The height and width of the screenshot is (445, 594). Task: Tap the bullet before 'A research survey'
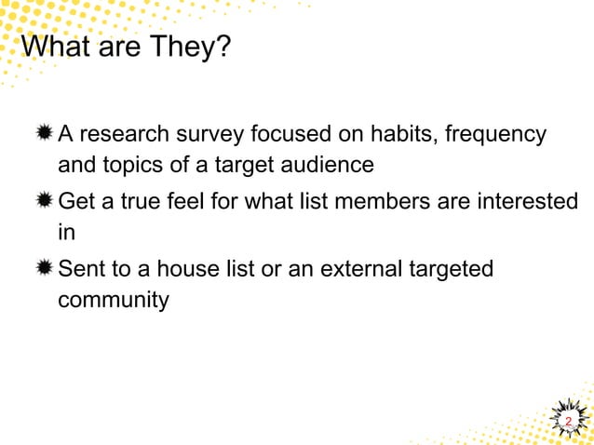click(45, 135)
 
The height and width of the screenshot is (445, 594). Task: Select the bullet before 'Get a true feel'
click(45, 201)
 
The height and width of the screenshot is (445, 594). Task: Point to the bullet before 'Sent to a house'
click(45, 268)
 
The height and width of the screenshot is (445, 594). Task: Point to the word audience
click(330, 166)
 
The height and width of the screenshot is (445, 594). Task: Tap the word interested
click(528, 201)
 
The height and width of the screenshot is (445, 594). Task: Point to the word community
click(114, 301)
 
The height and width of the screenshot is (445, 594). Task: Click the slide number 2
click(568, 422)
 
